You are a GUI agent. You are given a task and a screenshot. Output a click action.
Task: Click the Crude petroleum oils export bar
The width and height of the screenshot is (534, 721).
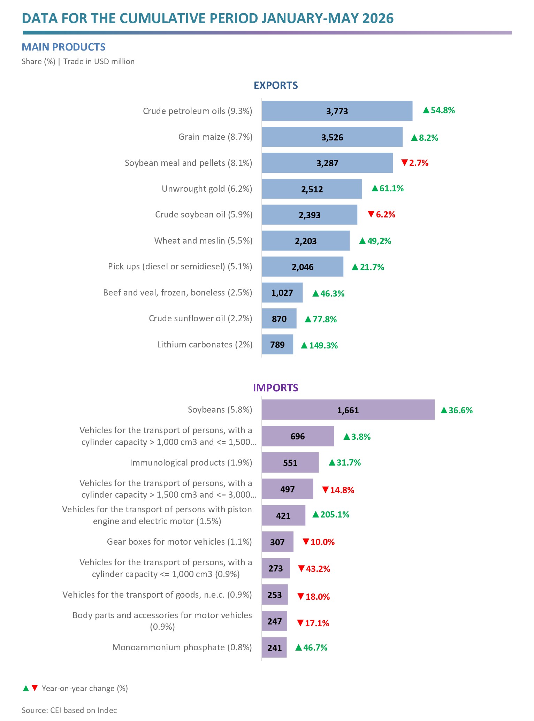tap(337, 111)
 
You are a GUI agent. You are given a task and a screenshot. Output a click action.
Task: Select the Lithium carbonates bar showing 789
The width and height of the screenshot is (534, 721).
tap(277, 345)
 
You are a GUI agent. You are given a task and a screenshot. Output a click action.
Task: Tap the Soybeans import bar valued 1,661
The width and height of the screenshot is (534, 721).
tap(348, 410)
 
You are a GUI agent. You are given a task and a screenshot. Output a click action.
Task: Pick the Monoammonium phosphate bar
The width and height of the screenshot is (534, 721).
tap(274, 647)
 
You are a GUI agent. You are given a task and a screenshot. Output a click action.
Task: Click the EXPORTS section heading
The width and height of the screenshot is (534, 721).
tap(276, 85)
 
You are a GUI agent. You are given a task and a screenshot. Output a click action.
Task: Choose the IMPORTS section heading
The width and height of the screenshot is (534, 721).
tap(276, 388)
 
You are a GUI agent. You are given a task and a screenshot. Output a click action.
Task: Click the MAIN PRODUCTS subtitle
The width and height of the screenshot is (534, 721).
tap(64, 47)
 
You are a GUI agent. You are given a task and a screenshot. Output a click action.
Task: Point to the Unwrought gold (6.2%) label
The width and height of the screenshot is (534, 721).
tap(207, 189)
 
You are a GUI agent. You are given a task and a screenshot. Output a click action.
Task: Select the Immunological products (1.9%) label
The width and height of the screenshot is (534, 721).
tap(191, 462)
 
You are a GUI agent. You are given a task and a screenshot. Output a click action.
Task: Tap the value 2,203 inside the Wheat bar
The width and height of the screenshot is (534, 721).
tap(306, 241)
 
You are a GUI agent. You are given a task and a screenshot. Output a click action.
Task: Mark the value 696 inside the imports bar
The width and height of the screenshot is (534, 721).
tap(298, 436)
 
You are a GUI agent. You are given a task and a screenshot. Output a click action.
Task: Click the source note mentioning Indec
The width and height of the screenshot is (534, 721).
tap(69, 710)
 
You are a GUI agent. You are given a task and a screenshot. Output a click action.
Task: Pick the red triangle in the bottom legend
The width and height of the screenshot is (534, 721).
tap(35, 688)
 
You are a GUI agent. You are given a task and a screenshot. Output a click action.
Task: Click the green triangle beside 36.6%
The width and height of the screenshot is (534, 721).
tap(444, 410)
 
